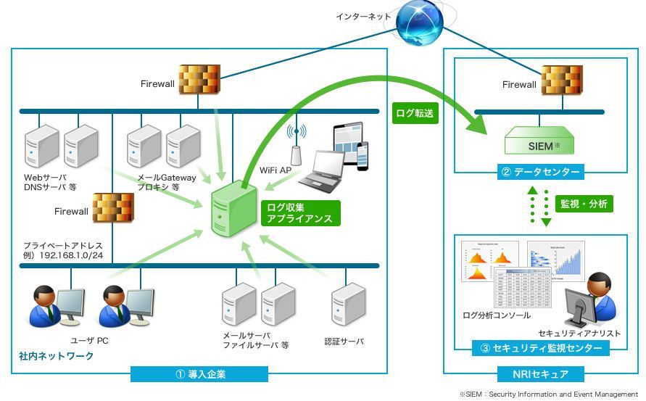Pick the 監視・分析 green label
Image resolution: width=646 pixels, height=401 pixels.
click(584, 204)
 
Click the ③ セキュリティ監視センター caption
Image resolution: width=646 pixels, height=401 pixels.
click(541, 348)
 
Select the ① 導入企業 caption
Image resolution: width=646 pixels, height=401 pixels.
click(199, 374)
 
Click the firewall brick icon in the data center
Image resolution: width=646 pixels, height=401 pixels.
click(561, 81)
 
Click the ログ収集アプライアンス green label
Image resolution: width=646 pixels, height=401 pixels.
click(299, 212)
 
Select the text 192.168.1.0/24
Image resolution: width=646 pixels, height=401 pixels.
click(73, 255)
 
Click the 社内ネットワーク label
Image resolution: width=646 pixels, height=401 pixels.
click(57, 357)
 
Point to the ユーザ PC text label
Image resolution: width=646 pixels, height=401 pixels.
click(89, 340)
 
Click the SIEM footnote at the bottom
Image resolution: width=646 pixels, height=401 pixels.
click(548, 394)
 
